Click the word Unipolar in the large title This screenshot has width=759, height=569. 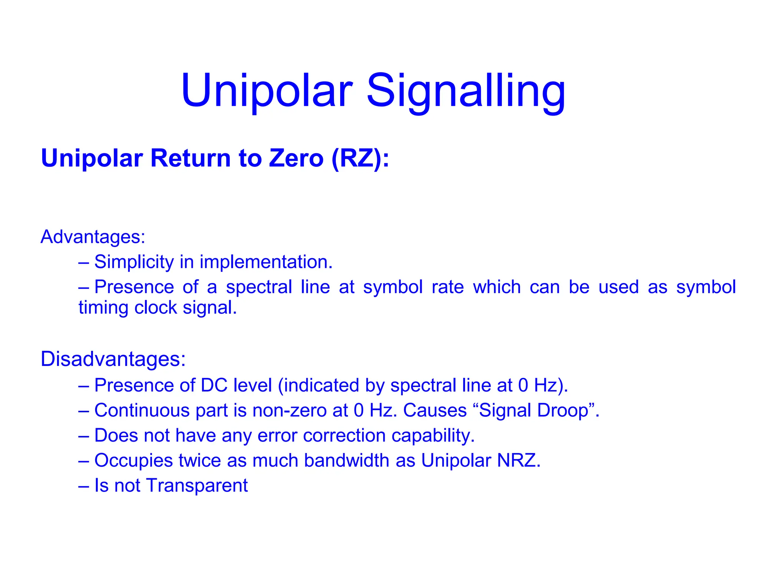[x=266, y=91]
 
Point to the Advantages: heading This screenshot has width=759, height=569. [x=93, y=237]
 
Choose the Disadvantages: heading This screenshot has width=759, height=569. [x=113, y=359]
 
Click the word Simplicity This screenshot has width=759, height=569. [x=134, y=262]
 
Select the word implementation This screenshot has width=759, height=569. [x=266, y=262]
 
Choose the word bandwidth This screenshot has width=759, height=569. [x=347, y=460]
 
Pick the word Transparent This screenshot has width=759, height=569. [x=197, y=486]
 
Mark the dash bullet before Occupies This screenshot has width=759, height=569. [x=84, y=461]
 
